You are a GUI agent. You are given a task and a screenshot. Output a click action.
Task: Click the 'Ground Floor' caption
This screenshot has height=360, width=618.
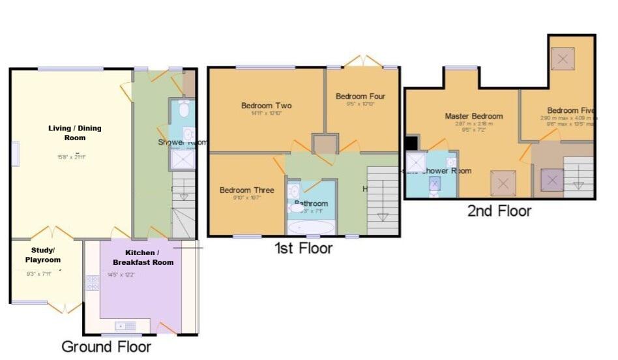(106, 346)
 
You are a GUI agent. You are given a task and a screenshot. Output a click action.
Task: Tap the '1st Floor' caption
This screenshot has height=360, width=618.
(304, 248)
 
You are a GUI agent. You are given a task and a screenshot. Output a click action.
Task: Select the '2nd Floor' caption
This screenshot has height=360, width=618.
(499, 211)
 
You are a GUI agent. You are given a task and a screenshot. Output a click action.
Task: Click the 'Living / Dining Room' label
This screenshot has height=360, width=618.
(75, 133)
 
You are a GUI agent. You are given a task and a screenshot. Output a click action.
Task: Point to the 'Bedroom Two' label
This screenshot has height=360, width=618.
(266, 106)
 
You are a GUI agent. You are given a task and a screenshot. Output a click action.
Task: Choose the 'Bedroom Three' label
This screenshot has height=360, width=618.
(246, 190)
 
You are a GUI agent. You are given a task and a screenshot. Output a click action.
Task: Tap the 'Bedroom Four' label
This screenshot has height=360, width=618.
(360, 97)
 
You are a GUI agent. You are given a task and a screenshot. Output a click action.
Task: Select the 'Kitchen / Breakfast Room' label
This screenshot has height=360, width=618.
(140, 257)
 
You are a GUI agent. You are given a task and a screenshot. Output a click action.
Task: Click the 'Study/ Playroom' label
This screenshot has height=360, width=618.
(46, 255)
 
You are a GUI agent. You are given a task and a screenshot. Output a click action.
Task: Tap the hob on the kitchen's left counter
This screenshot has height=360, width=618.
(92, 283)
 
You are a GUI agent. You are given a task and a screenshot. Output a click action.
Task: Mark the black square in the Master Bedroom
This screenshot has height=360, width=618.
(411, 143)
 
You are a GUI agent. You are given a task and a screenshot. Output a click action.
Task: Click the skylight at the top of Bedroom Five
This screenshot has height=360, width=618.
(561, 59)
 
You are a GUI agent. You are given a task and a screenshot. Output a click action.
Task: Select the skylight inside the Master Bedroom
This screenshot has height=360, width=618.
(503, 183)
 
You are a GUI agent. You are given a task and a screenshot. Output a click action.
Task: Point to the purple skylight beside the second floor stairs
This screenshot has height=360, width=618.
(552, 179)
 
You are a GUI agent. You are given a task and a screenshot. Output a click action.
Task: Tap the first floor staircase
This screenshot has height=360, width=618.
(383, 200)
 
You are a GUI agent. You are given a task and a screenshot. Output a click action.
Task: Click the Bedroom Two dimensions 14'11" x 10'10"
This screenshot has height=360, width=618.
(266, 114)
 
